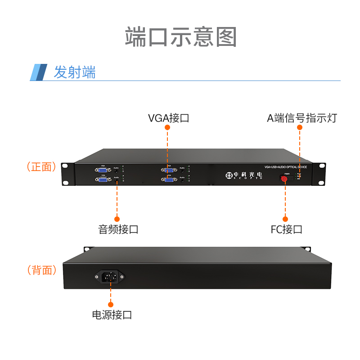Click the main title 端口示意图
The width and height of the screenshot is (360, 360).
click(180, 37)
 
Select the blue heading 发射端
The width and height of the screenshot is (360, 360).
click(75, 72)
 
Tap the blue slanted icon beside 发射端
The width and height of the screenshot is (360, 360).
click(39, 72)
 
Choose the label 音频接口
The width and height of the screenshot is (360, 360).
click(118, 229)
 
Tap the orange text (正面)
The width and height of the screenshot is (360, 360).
click(41, 167)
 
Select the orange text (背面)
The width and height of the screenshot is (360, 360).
click(41, 270)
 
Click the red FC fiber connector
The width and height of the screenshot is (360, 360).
click(284, 179)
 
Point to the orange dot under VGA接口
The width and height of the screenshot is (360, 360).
click(167, 127)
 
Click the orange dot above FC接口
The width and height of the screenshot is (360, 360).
click(285, 219)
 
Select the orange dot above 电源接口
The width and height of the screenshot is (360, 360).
click(111, 304)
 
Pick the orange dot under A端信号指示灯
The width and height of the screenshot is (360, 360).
click(300, 127)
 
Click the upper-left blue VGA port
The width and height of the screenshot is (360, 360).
click(101, 170)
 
